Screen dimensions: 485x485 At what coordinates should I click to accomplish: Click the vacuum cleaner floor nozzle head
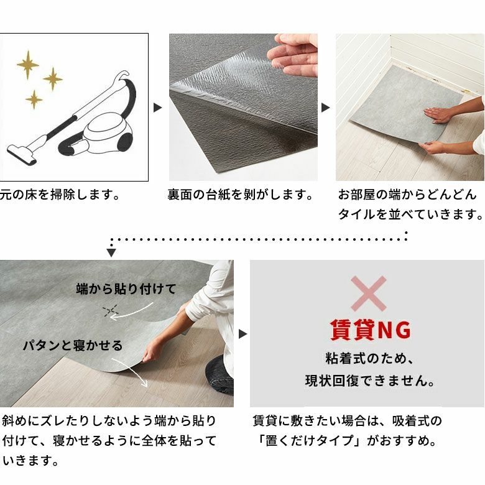22,155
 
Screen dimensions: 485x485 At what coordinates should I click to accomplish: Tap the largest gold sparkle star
28,65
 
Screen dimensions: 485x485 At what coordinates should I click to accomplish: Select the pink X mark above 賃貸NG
368,294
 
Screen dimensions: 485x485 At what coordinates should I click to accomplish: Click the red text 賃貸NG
370,330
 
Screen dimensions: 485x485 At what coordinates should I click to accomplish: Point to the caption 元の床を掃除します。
60,195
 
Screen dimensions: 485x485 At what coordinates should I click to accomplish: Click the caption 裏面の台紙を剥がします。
240,195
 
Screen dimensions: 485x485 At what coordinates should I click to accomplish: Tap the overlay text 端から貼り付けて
126,289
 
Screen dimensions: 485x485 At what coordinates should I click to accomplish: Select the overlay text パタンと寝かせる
73,346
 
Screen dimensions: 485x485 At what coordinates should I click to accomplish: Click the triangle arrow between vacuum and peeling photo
158,108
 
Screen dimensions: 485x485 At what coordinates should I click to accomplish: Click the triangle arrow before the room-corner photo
325,108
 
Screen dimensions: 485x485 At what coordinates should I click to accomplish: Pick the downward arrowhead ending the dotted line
111,252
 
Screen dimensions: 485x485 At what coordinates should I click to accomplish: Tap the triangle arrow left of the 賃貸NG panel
242,334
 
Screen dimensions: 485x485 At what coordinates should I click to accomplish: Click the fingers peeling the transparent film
294,56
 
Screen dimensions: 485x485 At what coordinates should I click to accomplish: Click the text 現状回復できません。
370,381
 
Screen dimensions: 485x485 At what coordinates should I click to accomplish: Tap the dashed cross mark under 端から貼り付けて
111,310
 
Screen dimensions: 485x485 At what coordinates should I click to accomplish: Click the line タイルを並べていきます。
410,214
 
